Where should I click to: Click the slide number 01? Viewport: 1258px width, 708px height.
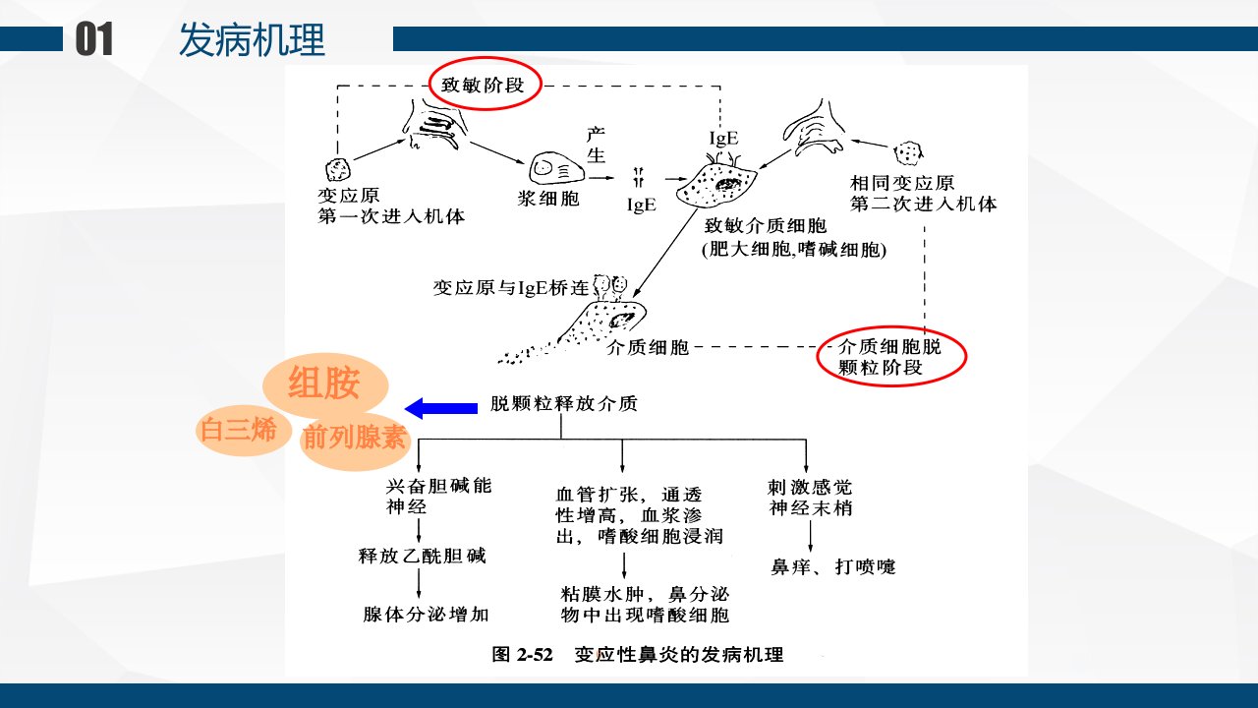click(x=94, y=38)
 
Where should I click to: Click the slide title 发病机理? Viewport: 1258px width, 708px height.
click(x=253, y=40)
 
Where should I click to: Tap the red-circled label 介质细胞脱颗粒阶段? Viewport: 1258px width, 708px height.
click(x=891, y=357)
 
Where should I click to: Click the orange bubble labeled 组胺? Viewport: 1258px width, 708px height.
click(x=325, y=383)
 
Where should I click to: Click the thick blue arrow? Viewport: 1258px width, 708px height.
click(x=441, y=408)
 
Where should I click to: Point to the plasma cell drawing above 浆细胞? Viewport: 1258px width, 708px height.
click(x=555, y=168)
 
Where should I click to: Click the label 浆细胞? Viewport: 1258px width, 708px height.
click(x=548, y=199)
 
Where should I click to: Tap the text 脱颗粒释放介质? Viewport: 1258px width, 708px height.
click(x=564, y=403)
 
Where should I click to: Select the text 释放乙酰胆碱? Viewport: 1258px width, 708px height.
click(x=423, y=556)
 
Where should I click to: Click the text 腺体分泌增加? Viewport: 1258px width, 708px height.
click(x=426, y=615)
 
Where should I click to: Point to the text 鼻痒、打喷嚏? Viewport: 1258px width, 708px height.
click(x=833, y=567)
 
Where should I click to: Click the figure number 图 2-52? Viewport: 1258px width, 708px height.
click(x=522, y=655)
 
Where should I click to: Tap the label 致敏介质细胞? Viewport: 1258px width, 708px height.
click(x=766, y=226)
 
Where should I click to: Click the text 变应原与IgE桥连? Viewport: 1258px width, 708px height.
click(x=510, y=288)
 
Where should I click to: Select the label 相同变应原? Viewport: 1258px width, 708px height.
click(x=902, y=183)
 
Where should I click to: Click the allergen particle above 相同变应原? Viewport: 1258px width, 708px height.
click(x=908, y=152)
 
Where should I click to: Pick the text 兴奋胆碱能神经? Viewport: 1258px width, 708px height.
click(x=438, y=497)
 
